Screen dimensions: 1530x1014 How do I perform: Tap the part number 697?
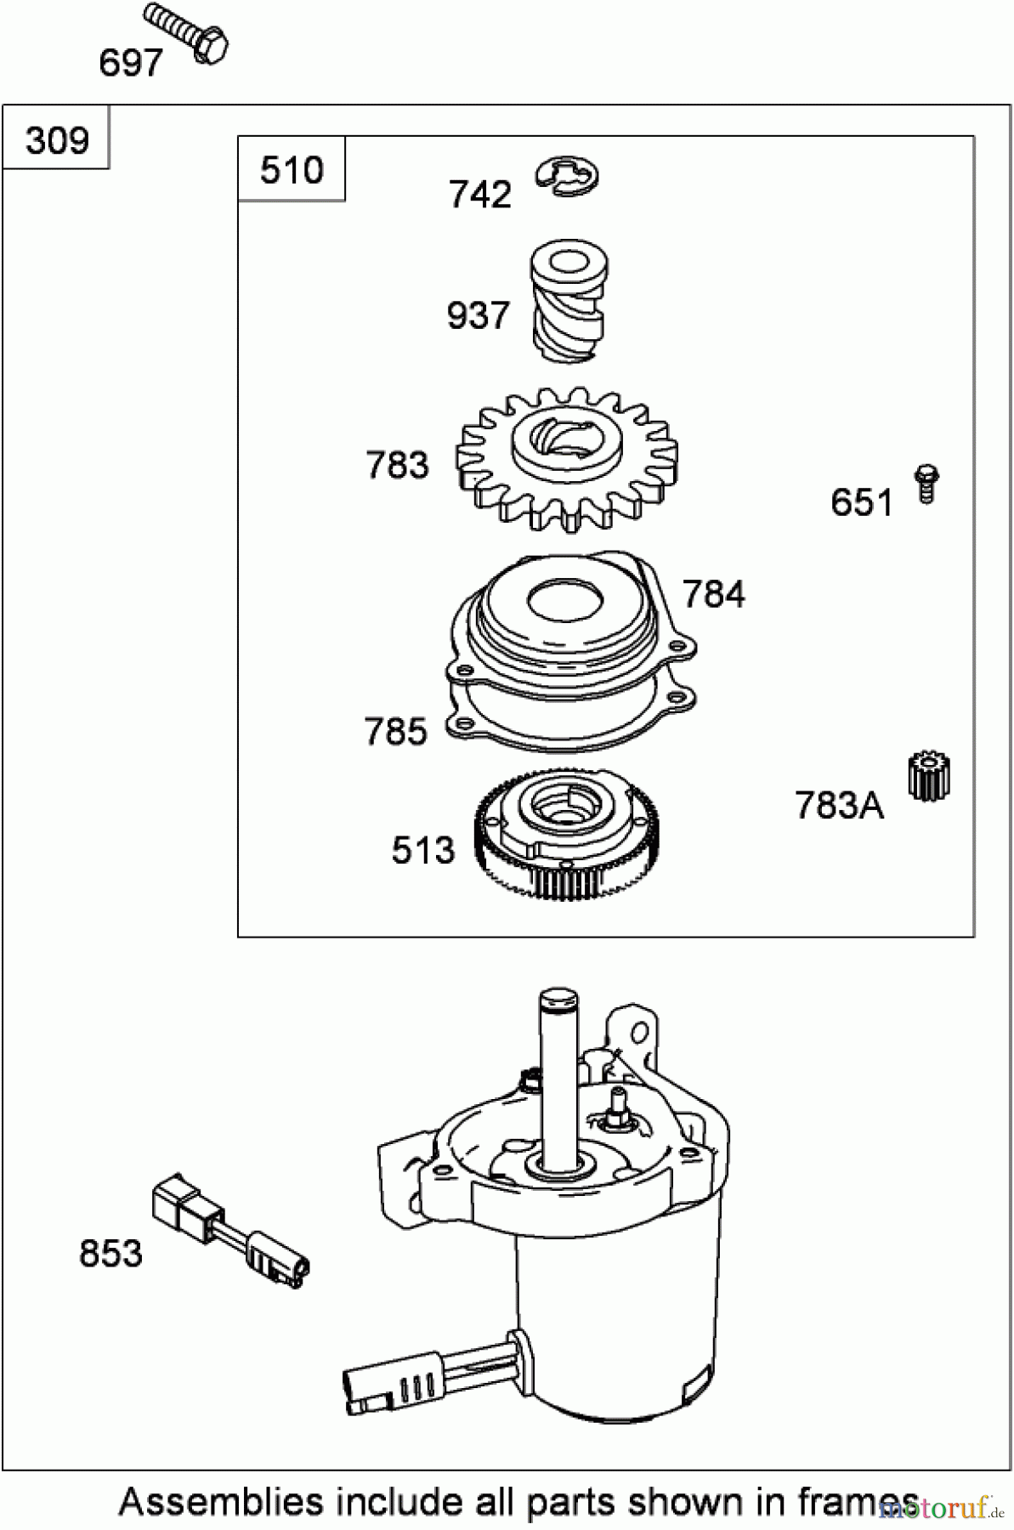pyautogui.click(x=130, y=64)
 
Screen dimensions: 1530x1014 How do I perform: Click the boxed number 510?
pyautogui.click(x=292, y=171)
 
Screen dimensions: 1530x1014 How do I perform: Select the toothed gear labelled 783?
pyautogui.click(x=568, y=459)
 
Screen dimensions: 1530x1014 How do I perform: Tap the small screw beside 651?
pyautogui.click(x=926, y=484)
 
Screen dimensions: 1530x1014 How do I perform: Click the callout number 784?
pyautogui.click(x=714, y=594)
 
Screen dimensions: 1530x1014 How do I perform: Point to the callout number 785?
pyautogui.click(x=395, y=732)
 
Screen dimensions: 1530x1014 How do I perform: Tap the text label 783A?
pyautogui.click(x=839, y=805)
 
